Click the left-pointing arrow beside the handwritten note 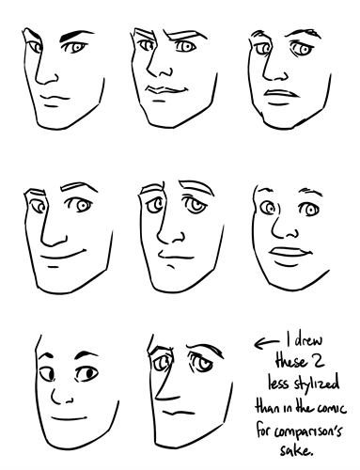pyautogui.click(x=266, y=343)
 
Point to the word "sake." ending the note pyautogui.click(x=296, y=450)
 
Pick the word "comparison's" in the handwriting pyautogui.click(x=308, y=431)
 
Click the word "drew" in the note pyautogui.click(x=308, y=339)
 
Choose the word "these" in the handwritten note pyautogui.click(x=290, y=362)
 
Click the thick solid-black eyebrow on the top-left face pyautogui.click(x=76, y=35)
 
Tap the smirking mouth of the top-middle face pyautogui.click(x=167, y=89)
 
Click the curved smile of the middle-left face pyautogui.click(x=64, y=255)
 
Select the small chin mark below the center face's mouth pyautogui.click(x=171, y=266)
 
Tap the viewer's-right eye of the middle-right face pyautogui.click(x=309, y=209)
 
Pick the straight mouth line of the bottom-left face pyautogui.click(x=69, y=418)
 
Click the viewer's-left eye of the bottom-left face pyautogui.click(x=47, y=373)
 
